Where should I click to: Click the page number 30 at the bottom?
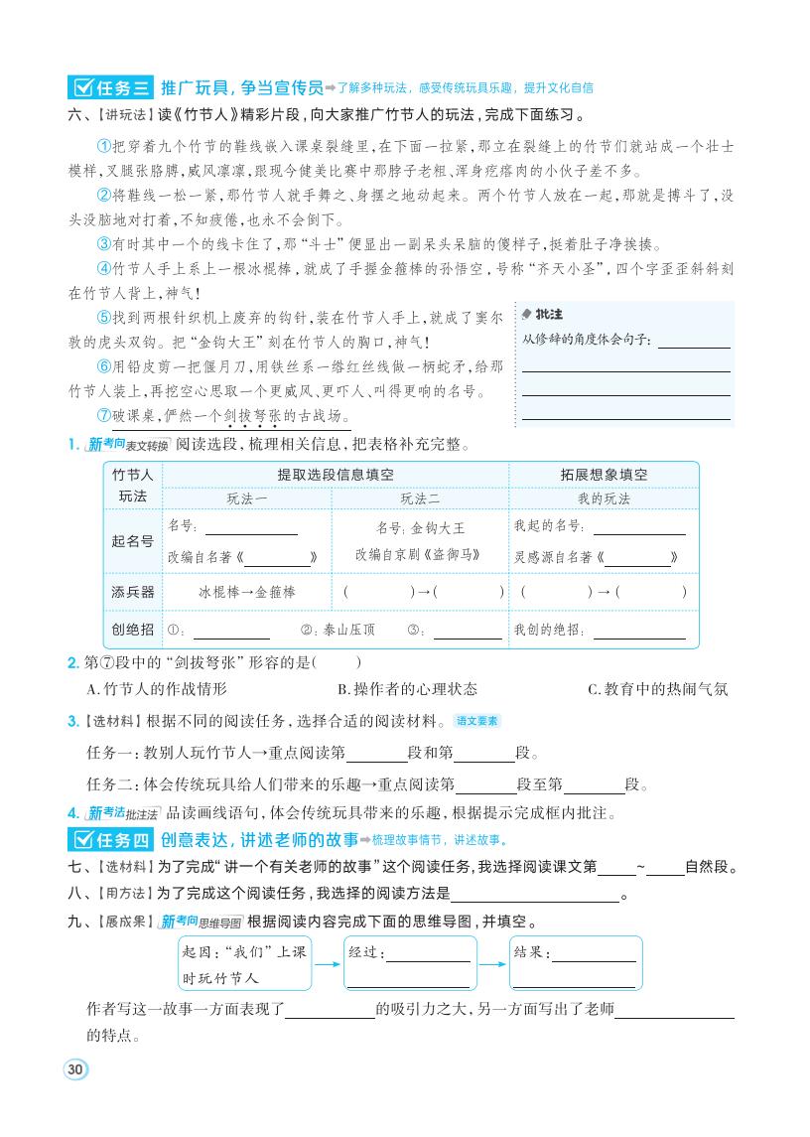pyautogui.click(x=75, y=1069)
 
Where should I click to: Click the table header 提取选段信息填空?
pyautogui.click(x=336, y=475)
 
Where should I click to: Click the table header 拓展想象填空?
pyautogui.click(x=604, y=475)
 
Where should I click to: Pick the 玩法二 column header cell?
pyautogui.click(x=421, y=498)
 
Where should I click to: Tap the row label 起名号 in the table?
pyautogui.click(x=133, y=541)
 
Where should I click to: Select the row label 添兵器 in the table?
pyautogui.click(x=133, y=592)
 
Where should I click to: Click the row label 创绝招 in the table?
pyautogui.click(x=133, y=630)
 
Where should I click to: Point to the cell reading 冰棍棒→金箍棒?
pyautogui.click(x=247, y=592)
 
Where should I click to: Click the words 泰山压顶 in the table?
pyautogui.click(x=346, y=630)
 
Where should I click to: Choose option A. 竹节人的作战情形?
pyautogui.click(x=157, y=689)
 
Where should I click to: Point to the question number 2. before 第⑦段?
pyautogui.click(x=72, y=662)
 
